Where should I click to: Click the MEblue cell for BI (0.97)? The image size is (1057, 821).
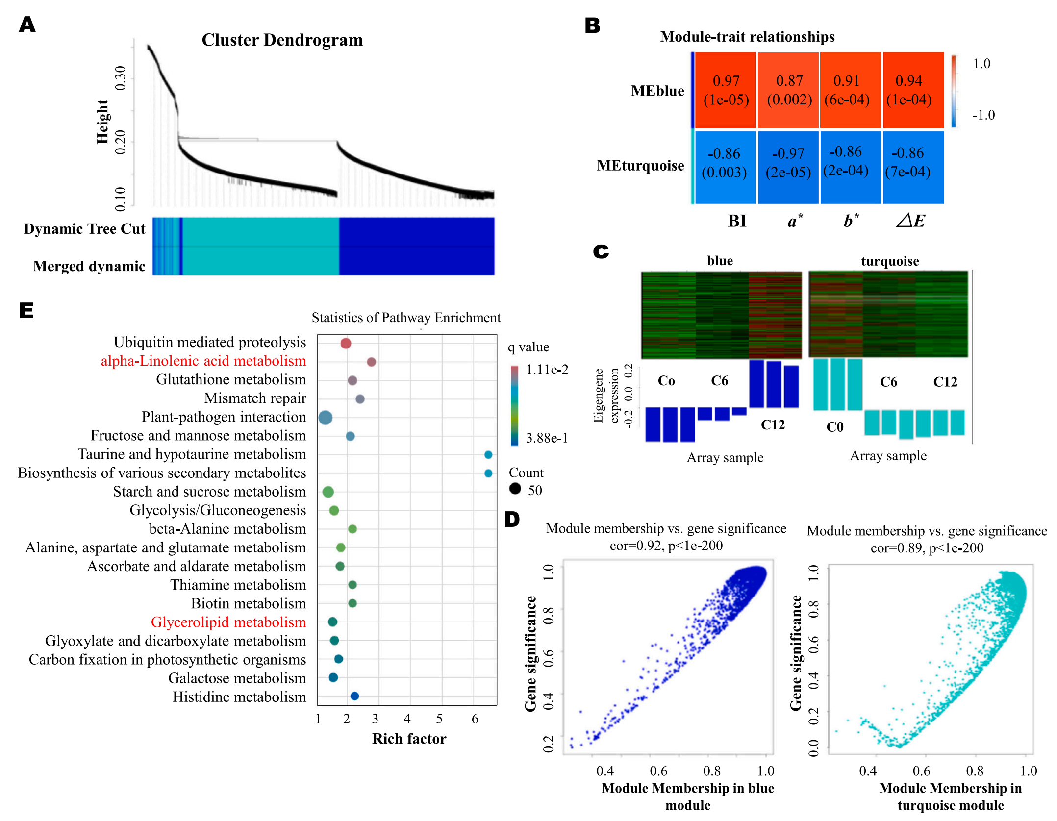click(x=726, y=90)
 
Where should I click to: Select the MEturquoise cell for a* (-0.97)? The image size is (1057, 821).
click(x=788, y=163)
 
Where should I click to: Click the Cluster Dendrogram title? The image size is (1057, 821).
click(x=282, y=40)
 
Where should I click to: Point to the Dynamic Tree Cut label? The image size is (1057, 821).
click(x=84, y=229)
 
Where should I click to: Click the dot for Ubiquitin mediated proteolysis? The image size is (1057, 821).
click(x=346, y=343)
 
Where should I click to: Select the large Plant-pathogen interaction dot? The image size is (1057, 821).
click(x=325, y=418)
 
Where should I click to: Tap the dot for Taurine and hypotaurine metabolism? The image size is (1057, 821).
click(x=488, y=455)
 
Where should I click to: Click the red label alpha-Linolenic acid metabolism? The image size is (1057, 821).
click(x=203, y=361)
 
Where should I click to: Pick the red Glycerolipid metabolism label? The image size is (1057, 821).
click(x=228, y=622)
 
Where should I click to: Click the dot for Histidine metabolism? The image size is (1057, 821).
click(x=355, y=696)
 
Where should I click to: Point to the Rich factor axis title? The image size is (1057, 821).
click(x=409, y=739)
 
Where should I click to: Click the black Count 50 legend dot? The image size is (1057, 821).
click(x=515, y=488)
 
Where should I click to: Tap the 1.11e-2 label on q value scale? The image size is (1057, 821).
click(x=547, y=370)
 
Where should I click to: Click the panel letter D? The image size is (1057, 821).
click(x=512, y=520)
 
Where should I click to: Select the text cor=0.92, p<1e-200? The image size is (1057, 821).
click(x=666, y=546)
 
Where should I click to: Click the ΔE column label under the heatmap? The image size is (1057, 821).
click(x=910, y=221)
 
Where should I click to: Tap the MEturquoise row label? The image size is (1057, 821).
click(x=640, y=166)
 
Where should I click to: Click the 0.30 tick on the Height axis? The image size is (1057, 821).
click(x=120, y=78)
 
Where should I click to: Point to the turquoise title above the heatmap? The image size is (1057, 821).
click(x=890, y=261)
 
